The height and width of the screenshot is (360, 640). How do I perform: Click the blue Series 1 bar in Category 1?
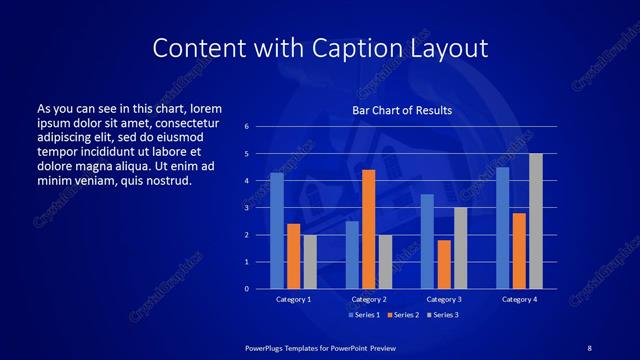click(x=277, y=231)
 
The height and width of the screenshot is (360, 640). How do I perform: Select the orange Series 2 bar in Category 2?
click(x=368, y=229)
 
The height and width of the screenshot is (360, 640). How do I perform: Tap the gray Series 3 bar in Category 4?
click(x=535, y=221)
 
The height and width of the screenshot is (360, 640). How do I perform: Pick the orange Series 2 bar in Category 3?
click(x=444, y=264)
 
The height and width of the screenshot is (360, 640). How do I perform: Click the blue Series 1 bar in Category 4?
click(x=502, y=228)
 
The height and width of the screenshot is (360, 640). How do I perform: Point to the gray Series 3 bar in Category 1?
click(x=310, y=262)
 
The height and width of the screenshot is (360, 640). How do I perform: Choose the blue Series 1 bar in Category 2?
click(x=352, y=255)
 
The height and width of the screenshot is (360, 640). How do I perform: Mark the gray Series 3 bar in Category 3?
click(x=460, y=248)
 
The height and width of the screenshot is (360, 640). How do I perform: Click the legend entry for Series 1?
click(x=363, y=315)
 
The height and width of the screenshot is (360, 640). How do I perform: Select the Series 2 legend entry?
click(x=403, y=315)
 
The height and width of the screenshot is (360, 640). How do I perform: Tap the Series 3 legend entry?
click(x=443, y=315)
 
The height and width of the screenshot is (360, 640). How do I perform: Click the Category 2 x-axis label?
click(x=369, y=299)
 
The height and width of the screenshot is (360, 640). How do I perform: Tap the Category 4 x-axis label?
click(x=518, y=299)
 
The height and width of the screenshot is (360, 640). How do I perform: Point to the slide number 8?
click(x=589, y=347)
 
